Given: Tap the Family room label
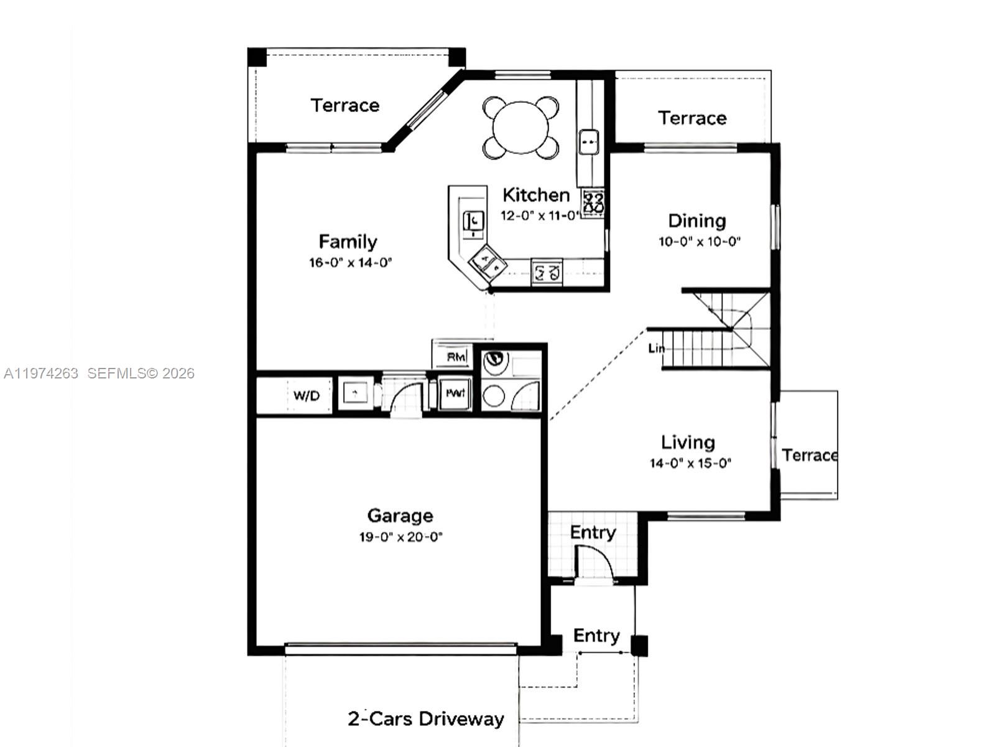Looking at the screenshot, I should point(348,242).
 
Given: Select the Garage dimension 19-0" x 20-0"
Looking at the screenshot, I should point(400,537).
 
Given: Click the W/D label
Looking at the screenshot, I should point(307,395).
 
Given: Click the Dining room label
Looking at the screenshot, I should point(696,221).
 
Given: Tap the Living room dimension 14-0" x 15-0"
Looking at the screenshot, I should point(690,463).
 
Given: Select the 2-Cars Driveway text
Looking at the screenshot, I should point(425,719).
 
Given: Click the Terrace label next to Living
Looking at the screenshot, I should point(810,455).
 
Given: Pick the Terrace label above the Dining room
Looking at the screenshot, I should point(692,118).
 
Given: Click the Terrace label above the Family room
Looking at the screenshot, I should point(345,105).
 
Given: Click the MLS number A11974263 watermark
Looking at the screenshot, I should point(41,373).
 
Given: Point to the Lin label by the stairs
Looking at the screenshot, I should point(656,348).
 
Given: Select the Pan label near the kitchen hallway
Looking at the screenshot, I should point(455,393).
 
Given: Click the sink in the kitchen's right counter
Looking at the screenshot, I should point(588,142).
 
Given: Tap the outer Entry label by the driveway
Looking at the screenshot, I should point(596,636).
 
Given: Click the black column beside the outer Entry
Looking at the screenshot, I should point(639,646).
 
